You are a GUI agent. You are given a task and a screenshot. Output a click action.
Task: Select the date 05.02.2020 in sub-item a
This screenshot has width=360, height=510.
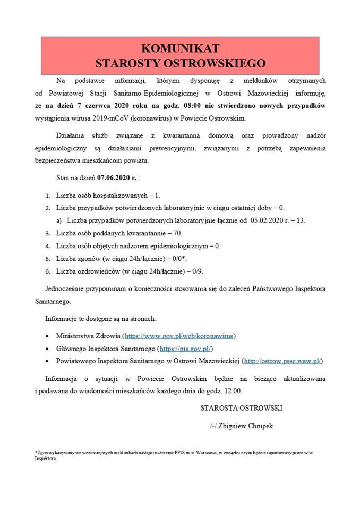(x=272, y=220)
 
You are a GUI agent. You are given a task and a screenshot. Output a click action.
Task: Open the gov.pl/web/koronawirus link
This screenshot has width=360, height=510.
(x=179, y=336)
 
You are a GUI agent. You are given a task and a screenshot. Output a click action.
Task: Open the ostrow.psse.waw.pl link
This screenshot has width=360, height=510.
(x=282, y=361)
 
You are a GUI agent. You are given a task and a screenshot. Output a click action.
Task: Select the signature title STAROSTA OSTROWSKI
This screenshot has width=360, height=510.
(x=242, y=408)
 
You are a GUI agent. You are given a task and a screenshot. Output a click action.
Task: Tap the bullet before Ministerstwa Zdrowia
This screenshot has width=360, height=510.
(x=48, y=336)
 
